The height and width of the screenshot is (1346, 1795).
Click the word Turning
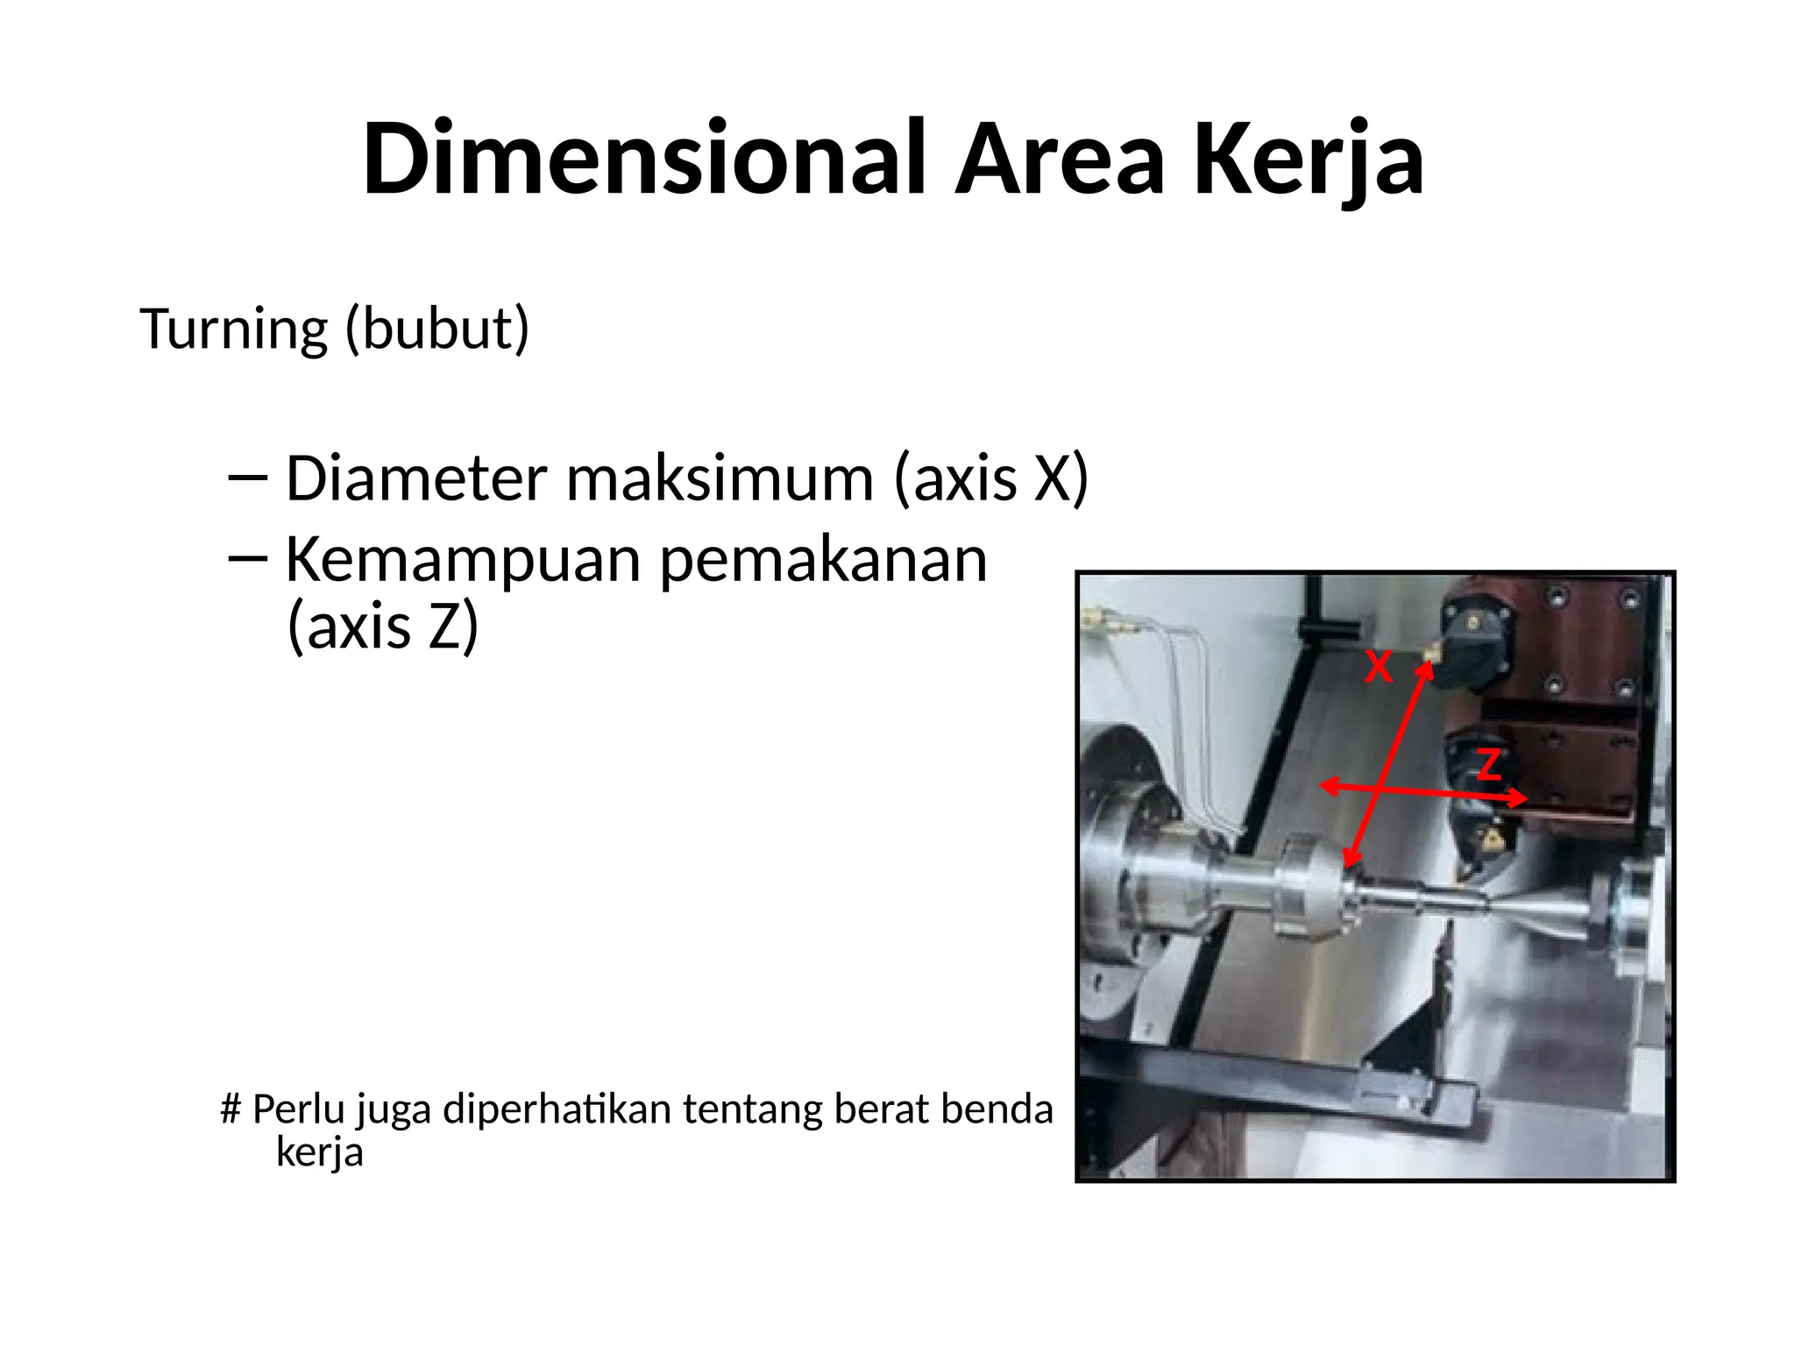tap(233, 329)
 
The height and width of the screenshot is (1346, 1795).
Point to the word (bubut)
tap(437, 329)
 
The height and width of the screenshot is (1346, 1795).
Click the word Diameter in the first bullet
tap(416, 479)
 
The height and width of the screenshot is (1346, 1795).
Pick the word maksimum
tap(720, 479)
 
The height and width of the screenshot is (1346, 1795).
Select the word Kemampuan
tap(462, 561)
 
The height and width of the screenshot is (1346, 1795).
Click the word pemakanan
tap(823, 561)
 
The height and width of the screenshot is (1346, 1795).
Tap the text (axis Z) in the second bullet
tap(383, 627)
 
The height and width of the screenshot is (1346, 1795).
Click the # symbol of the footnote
tap(231, 1109)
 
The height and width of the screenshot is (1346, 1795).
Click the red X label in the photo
tap(1379, 668)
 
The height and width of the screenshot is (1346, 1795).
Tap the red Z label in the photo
tap(1489, 765)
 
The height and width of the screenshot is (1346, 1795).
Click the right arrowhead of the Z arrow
tap(1520, 797)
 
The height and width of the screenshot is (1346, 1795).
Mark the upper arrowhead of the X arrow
tap(1426, 669)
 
